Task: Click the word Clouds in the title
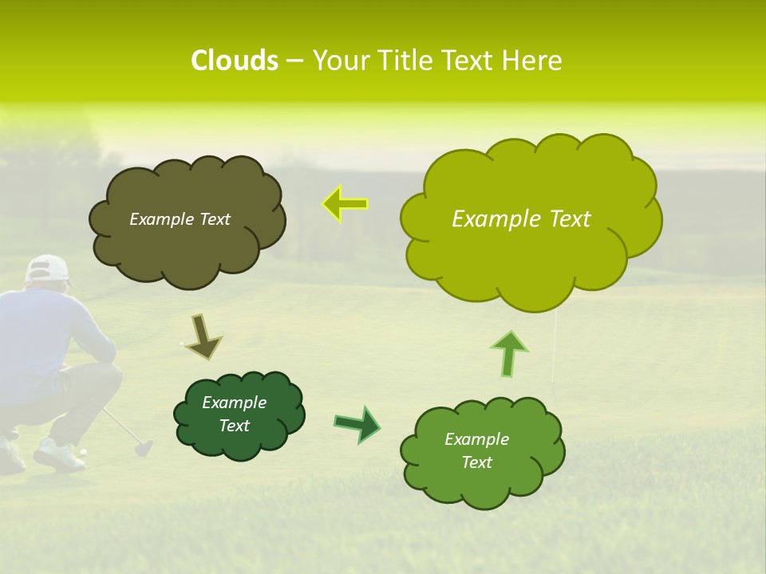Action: (234, 61)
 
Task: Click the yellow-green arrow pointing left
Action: (345, 204)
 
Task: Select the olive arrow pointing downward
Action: (204, 336)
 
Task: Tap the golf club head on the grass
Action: (143, 448)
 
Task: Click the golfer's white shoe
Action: (57, 456)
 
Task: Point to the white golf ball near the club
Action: (82, 451)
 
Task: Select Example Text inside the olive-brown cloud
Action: (180, 219)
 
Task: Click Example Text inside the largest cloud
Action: (521, 219)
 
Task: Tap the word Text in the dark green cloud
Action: (235, 426)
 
